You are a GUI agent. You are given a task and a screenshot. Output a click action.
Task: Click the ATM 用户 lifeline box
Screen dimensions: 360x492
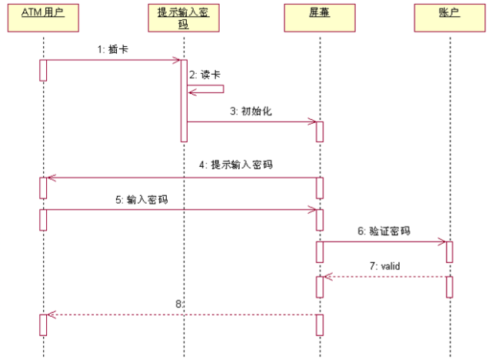43,18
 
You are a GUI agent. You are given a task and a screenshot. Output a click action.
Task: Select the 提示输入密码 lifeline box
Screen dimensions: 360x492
184,18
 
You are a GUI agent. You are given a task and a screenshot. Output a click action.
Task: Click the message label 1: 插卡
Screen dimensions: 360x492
111,50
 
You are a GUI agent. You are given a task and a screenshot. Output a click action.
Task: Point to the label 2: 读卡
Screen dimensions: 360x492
206,75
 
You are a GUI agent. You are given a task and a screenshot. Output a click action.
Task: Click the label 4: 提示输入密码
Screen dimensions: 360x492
241,165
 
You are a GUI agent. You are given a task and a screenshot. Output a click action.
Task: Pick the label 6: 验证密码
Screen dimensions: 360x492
383,231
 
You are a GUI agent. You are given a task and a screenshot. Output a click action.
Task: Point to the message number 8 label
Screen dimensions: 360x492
179,304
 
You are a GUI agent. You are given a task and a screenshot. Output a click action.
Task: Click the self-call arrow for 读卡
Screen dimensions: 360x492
208,90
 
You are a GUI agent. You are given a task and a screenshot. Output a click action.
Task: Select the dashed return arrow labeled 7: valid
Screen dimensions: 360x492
384,276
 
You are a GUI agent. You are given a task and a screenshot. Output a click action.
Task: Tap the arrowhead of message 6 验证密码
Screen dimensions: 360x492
443,242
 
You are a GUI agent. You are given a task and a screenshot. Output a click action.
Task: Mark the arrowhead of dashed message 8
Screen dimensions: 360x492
50,314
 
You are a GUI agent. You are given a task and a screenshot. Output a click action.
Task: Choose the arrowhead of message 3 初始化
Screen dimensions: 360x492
313,122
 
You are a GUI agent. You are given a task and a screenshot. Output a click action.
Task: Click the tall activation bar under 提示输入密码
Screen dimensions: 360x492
184,100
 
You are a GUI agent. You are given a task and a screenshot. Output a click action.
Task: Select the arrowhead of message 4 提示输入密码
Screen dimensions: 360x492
50,178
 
